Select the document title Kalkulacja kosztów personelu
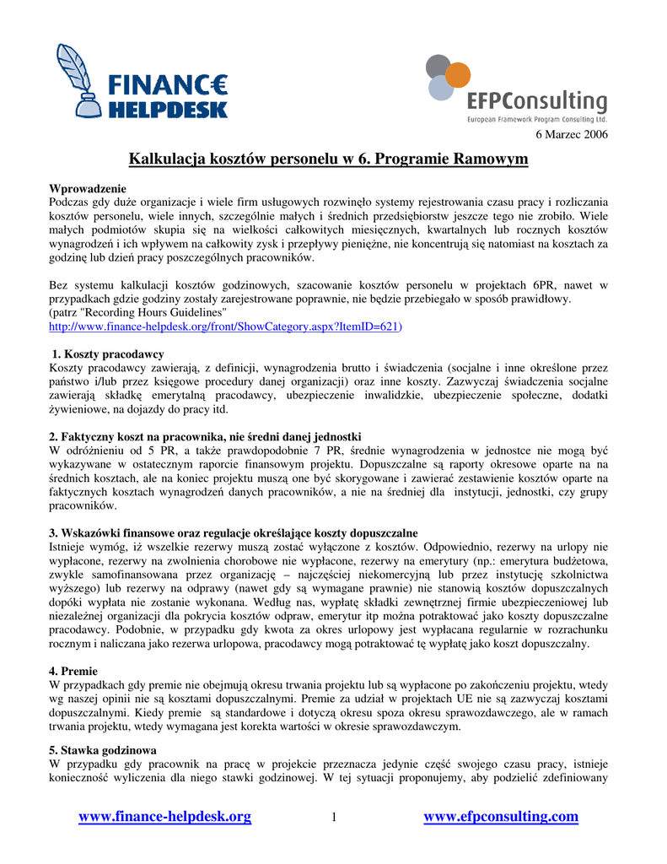328,159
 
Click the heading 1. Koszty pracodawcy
108,354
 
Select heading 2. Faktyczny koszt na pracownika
205,436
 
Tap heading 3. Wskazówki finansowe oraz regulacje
234,532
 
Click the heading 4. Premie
73,671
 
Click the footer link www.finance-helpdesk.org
164,816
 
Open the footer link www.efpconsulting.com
501,816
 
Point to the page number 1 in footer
334,817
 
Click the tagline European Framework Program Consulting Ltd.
537,121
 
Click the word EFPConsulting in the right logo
537,101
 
